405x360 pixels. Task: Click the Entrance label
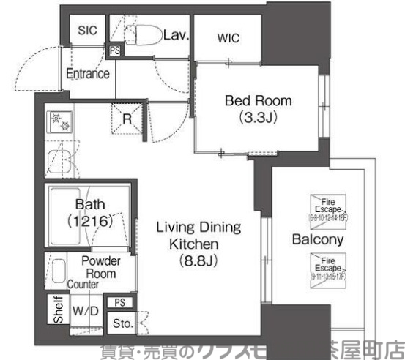pyautogui.click(x=88, y=74)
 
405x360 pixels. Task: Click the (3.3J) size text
pyautogui.click(x=257, y=116)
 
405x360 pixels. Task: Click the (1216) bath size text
pyautogui.click(x=88, y=219)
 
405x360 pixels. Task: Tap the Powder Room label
pyautogui.click(x=100, y=268)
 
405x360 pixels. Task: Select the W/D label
pyautogui.click(x=85, y=310)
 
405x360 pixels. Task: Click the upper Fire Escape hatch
pyautogui.click(x=326, y=208)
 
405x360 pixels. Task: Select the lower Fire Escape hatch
pyautogui.click(x=326, y=266)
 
